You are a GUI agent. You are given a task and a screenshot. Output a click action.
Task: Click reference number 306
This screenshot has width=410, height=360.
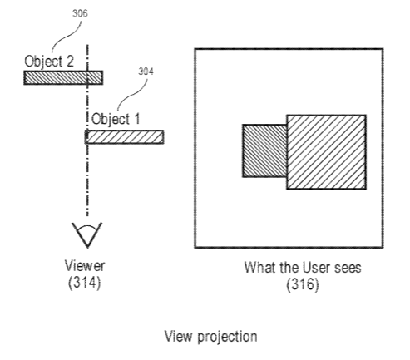click(x=80, y=13)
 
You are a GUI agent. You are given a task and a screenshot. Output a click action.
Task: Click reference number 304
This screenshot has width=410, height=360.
click(x=146, y=72)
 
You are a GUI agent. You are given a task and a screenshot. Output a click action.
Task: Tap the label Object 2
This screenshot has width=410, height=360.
click(x=49, y=62)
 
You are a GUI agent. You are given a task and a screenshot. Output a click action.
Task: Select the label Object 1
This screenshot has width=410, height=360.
click(x=116, y=119)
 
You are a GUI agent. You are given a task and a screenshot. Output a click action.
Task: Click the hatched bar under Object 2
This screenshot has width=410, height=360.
click(x=63, y=77)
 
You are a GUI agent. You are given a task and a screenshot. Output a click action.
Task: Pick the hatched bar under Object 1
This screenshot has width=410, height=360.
click(x=124, y=137)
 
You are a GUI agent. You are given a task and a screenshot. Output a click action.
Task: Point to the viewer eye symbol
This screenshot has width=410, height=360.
click(x=87, y=234)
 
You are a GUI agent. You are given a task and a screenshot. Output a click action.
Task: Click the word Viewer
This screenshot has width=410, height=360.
click(x=85, y=265)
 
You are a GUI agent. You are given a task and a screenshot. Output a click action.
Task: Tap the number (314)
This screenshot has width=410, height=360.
click(x=84, y=283)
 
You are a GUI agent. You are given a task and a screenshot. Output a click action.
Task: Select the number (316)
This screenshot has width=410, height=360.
click(x=303, y=284)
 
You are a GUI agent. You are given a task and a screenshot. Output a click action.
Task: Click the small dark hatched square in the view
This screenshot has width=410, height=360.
click(x=264, y=150)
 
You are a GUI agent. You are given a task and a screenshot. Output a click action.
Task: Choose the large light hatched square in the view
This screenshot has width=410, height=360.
click(x=326, y=152)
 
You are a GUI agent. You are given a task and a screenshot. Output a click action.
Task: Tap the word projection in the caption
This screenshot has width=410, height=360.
click(x=227, y=338)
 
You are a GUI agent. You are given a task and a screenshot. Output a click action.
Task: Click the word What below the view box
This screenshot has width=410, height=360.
click(x=260, y=268)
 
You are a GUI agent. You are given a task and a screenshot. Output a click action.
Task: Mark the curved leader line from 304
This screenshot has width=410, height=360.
click(x=133, y=94)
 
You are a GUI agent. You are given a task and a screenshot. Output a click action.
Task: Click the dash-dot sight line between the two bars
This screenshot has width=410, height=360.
click(x=87, y=107)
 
